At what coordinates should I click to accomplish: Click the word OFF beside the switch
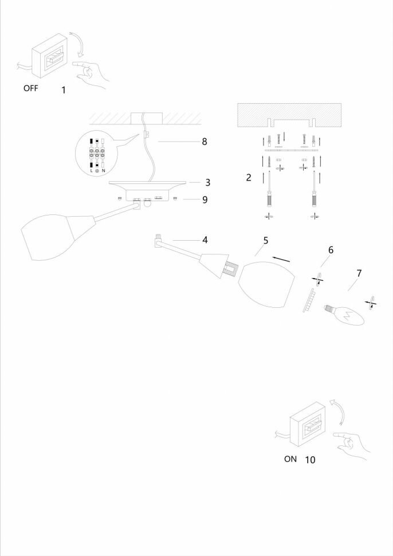point(31,89)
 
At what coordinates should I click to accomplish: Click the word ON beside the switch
point(290,459)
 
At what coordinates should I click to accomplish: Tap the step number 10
point(310,459)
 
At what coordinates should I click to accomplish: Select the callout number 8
point(204,141)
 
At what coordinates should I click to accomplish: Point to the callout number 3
point(208,182)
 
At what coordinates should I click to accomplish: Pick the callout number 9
point(205,199)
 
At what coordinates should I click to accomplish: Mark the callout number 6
point(331,250)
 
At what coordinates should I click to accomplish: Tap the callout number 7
point(359,273)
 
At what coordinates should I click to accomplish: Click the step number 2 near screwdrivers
point(249,178)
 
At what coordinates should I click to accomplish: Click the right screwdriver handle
point(314,200)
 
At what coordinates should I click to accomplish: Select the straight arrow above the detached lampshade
point(280,259)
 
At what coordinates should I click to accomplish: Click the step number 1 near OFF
point(64,90)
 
